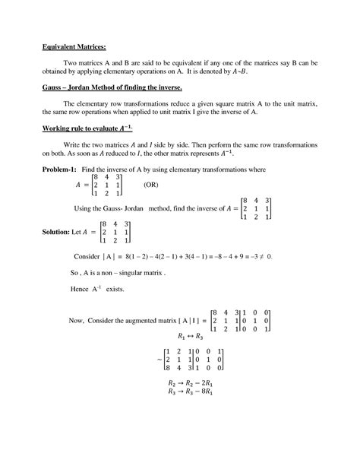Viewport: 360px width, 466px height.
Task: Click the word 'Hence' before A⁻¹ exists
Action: (x=82, y=290)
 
